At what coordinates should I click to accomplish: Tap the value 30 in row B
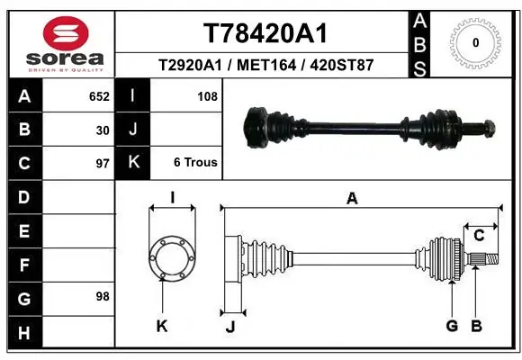(102, 130)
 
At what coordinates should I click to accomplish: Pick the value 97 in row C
(102, 164)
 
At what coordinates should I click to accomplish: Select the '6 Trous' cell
(195, 163)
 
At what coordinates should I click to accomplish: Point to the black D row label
(23, 197)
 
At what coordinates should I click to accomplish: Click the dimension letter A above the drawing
(352, 199)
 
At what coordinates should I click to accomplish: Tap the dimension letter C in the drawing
(479, 236)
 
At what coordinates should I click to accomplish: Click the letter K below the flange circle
(162, 326)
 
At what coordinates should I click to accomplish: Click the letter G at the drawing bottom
(452, 326)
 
